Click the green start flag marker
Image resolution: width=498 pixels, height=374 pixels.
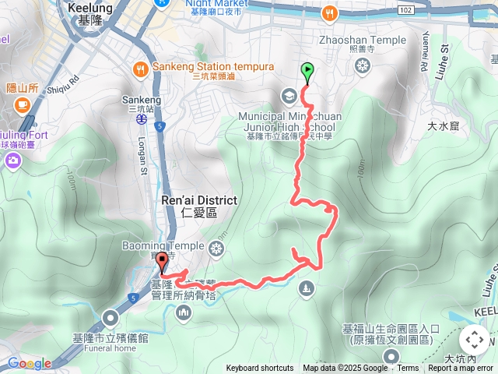[x=307, y=72]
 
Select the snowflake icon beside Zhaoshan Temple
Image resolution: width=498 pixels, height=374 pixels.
[x=361, y=66]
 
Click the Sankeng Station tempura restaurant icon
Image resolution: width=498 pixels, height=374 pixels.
[x=141, y=68]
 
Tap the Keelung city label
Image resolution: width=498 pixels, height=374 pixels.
[x=89, y=8]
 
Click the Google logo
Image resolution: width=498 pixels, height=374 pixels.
[x=29, y=363]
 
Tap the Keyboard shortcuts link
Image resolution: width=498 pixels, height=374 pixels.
[x=260, y=369]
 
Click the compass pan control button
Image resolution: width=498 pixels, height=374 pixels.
[x=475, y=340]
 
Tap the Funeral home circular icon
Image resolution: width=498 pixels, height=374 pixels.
[x=111, y=316]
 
